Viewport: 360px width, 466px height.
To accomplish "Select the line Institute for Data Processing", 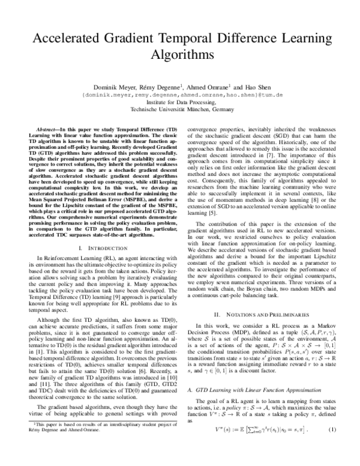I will [179, 103].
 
